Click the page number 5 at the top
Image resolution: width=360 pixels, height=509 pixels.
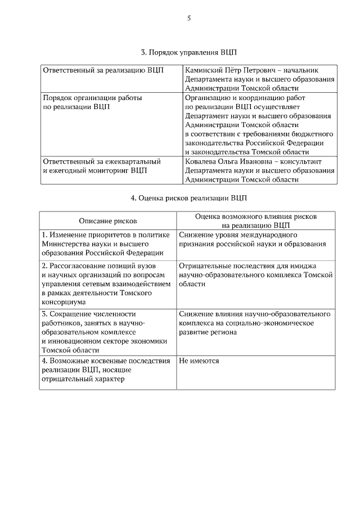tap(189, 18)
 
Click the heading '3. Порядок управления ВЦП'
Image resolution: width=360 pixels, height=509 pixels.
tap(189, 52)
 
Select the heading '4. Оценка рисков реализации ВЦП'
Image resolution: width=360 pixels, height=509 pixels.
tap(189, 198)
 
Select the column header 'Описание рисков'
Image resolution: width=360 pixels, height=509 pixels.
tap(107, 221)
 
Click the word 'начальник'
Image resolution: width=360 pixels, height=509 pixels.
tap(300, 70)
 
